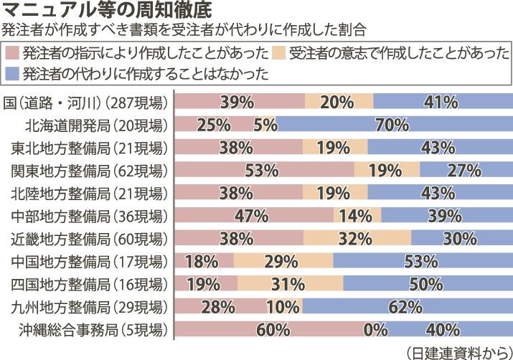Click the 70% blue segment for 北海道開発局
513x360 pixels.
pyautogui.click(x=393, y=125)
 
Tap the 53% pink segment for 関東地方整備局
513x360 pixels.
pyautogui.click(x=264, y=171)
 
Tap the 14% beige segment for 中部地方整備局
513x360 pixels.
pyautogui.click(x=357, y=216)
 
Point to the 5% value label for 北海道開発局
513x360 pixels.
pyautogui.click(x=265, y=125)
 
